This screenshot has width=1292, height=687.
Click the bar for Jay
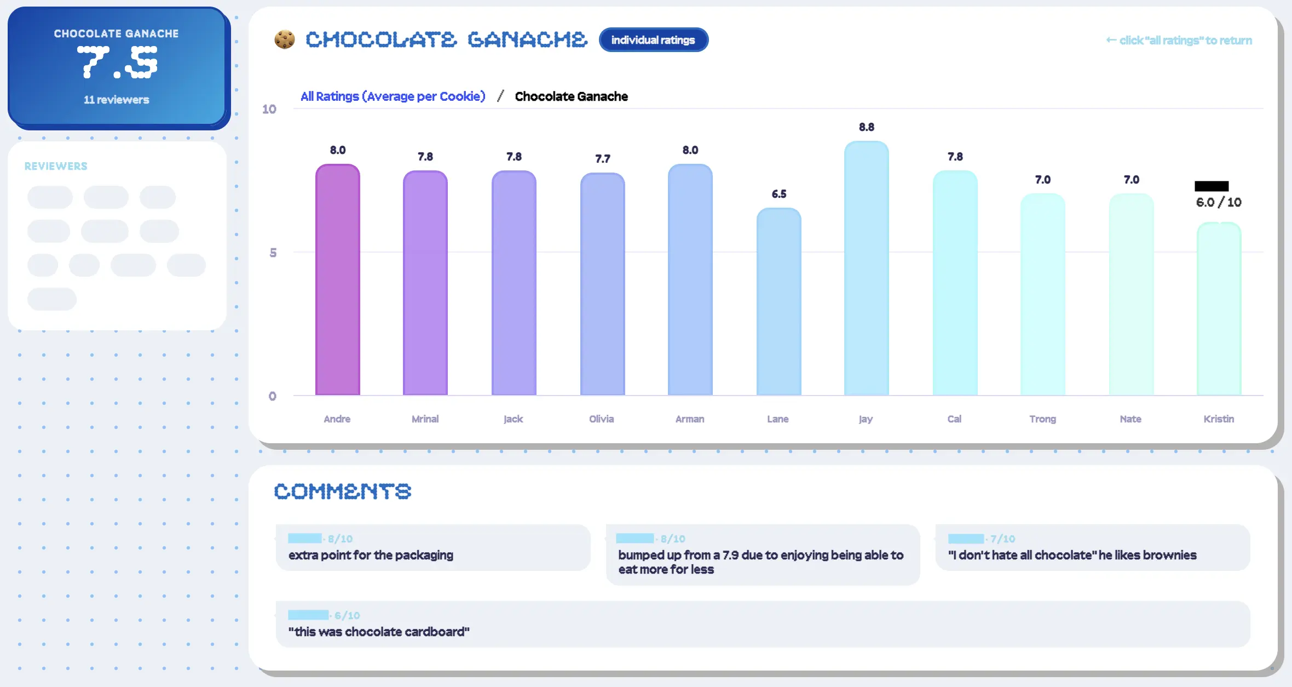[x=866, y=268]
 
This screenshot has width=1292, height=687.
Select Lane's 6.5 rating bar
[x=778, y=301]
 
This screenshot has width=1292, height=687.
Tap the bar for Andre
[x=337, y=279]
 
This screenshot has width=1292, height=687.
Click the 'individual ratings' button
[x=653, y=40]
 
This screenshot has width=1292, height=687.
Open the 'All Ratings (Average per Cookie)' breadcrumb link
[x=393, y=96]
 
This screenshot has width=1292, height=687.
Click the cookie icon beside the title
[x=285, y=39]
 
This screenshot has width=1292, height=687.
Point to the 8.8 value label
[x=866, y=127]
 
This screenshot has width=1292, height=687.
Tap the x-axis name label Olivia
[x=601, y=419]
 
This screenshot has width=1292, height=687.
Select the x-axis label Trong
[x=1042, y=419]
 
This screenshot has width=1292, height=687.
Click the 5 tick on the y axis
[x=273, y=253]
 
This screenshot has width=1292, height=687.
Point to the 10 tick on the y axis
[x=269, y=109]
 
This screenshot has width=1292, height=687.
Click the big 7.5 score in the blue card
[x=117, y=62]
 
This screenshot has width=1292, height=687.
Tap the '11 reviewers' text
[x=116, y=100]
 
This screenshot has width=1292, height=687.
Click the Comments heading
[x=342, y=491]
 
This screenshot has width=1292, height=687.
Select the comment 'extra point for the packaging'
[x=371, y=555]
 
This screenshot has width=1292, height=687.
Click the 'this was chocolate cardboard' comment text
[x=379, y=632]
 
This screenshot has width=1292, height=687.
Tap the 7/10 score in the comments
[x=1002, y=539]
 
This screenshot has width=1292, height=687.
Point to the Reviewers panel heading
[x=56, y=166]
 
